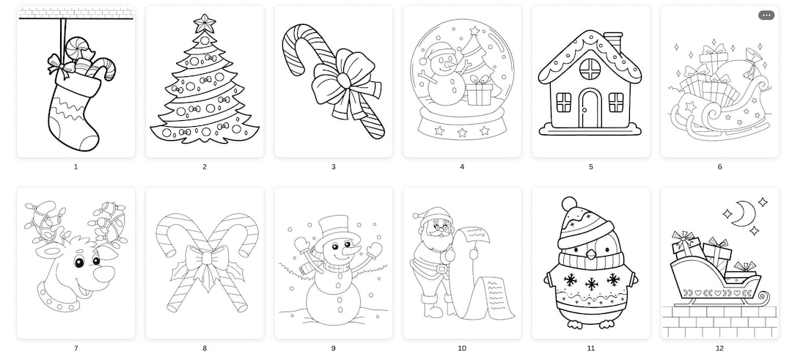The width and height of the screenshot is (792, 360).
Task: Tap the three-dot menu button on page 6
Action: (766, 15)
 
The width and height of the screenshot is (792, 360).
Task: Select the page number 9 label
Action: (333, 348)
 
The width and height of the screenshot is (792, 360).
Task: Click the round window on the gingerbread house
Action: (590, 69)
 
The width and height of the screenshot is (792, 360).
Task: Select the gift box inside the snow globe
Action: (480, 91)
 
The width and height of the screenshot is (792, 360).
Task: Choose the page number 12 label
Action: (719, 348)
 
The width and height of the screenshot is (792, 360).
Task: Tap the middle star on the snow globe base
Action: (462, 132)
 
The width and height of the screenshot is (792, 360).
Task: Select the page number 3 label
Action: (333, 167)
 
